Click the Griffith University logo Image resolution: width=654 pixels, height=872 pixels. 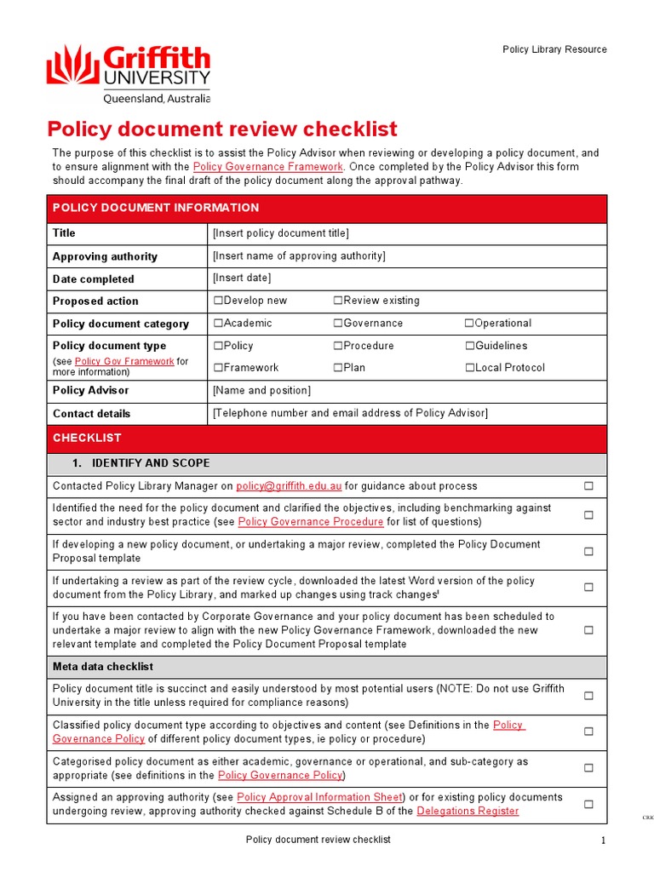128,74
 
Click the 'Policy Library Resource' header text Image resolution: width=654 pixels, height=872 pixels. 554,49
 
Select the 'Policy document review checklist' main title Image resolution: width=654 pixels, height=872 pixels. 221,129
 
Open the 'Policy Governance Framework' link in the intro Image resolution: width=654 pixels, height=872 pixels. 268,167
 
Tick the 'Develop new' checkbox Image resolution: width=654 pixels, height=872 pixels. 218,301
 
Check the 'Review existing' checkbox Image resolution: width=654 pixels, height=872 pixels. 338,301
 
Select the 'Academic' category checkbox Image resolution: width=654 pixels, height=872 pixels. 218,324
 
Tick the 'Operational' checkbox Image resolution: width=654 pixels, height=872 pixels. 469,324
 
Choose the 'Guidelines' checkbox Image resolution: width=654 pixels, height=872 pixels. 469,346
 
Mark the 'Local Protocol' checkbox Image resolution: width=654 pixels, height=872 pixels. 469,368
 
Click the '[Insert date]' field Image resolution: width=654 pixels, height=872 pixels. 242,278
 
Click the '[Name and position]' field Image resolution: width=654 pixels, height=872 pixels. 261,390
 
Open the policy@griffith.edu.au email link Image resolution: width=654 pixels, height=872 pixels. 289,486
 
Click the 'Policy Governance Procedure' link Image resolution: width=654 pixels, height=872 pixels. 311,522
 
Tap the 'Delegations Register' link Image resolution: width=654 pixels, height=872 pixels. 468,812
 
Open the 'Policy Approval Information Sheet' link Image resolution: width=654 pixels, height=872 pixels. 319,797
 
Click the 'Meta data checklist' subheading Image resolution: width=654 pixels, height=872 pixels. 103,667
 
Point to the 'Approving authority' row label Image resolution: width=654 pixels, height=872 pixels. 105,256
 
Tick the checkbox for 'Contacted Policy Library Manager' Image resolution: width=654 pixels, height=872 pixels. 588,486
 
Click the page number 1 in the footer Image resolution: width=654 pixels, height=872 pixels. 602,841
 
